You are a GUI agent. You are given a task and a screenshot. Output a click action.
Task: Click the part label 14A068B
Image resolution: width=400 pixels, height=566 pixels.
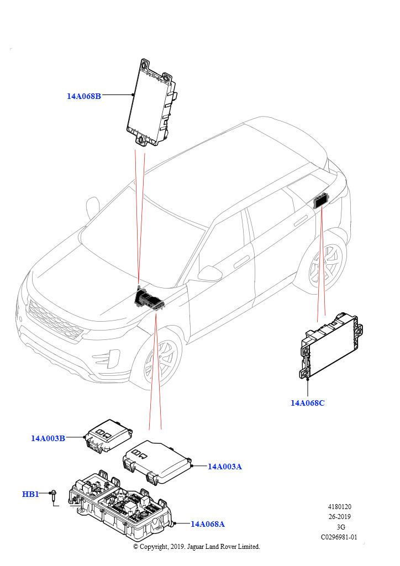(x=84, y=96)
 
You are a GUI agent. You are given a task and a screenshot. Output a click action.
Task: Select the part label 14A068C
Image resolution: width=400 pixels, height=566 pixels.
(x=308, y=403)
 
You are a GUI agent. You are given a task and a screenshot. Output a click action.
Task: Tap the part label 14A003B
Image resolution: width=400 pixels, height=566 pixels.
(x=48, y=438)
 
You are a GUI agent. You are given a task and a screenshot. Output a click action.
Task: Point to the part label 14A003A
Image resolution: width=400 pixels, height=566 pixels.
(x=225, y=467)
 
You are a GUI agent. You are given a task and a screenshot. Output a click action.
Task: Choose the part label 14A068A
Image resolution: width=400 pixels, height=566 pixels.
(x=208, y=524)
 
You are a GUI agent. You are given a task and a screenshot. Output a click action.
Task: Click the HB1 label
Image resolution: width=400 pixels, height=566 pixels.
(x=30, y=494)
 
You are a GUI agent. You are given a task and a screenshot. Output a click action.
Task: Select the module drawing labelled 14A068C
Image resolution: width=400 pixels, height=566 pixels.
(x=328, y=348)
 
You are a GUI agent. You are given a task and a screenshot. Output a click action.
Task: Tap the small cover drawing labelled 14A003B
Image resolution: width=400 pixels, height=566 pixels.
(x=107, y=434)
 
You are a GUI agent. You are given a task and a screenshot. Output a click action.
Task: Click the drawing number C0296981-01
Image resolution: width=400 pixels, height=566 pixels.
(x=339, y=537)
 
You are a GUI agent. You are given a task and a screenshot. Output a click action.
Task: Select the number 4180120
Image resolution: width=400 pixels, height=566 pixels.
(x=339, y=506)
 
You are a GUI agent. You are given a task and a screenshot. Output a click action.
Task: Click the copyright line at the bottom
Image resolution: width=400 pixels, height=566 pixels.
(x=197, y=547)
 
